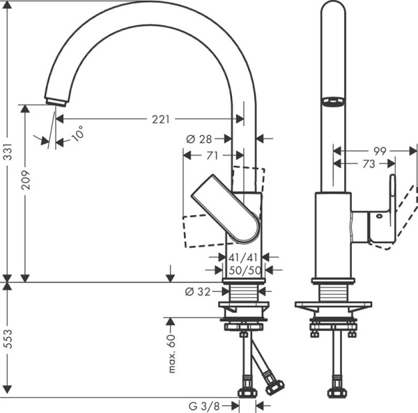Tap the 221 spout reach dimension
click(x=160, y=120)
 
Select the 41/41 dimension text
click(x=244, y=257)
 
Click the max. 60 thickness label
click(x=172, y=353)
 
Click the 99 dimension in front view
click(x=379, y=150)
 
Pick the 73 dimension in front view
click(x=369, y=164)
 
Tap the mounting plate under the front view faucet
click(x=333, y=305)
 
